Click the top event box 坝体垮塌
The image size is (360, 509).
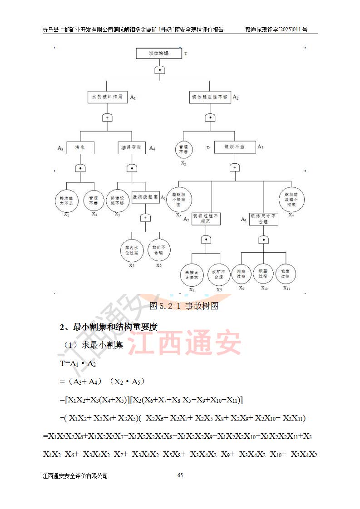coord(158,54)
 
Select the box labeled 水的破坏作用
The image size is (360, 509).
coord(107,97)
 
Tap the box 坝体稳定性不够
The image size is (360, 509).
coord(210,97)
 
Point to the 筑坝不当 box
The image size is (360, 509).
coord(234,147)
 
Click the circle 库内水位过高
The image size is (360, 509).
coord(132,250)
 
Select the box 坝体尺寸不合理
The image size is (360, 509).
coord(263,219)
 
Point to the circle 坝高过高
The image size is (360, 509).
coord(241,273)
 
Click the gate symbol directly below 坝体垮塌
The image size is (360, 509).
coord(159,69)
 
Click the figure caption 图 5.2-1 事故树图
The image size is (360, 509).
coord(184,306)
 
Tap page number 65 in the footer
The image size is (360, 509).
coord(180,475)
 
